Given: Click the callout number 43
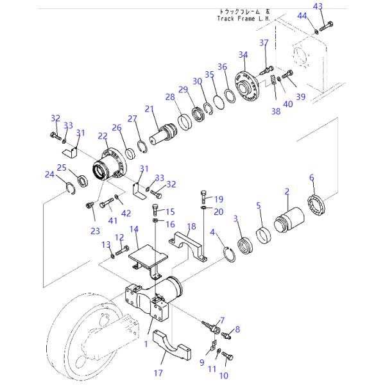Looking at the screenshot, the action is (318, 6).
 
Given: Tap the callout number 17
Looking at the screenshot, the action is (158, 373).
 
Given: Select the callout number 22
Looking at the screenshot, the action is (103, 136).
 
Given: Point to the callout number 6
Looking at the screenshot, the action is (312, 177).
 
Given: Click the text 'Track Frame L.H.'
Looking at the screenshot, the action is (243, 19).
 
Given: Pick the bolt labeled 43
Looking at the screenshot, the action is (327, 26).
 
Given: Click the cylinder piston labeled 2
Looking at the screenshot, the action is (289, 219).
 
